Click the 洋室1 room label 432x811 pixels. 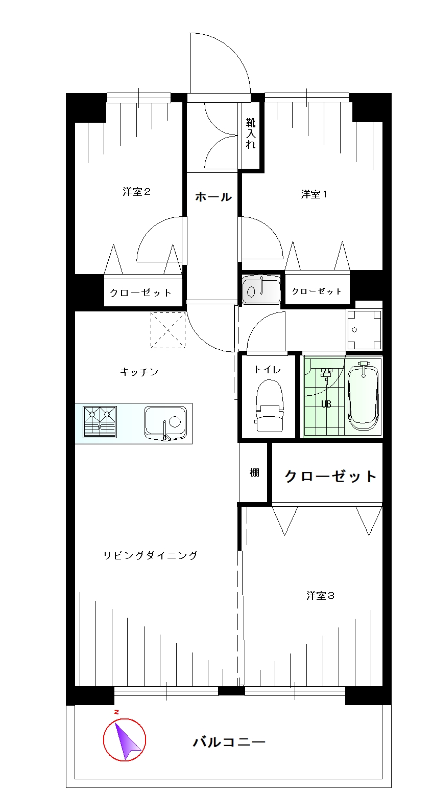coord(314,194)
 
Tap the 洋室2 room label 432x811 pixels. coord(136,192)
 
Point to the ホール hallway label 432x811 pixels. coord(213,196)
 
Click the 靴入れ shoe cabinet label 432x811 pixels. coord(251,133)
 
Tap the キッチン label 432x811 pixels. coord(139,372)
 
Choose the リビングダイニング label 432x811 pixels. coord(151,555)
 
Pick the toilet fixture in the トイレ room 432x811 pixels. coord(269,405)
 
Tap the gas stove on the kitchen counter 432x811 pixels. coord(100,422)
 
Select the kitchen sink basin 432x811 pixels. coord(166,423)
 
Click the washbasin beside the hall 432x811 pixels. coord(261,290)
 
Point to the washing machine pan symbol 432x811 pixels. coord(364,329)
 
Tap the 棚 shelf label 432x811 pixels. coord(254,472)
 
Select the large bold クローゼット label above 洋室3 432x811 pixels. coord(330,476)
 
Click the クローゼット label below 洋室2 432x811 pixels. coord(140,292)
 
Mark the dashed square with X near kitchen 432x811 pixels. coord(167,330)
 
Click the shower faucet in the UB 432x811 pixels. coord(326,374)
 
